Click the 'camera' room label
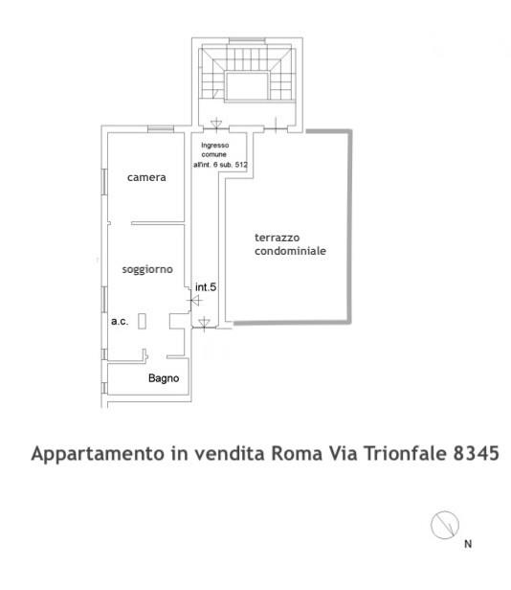click(146, 177)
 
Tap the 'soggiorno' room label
click(147, 269)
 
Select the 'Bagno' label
click(164, 378)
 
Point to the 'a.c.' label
click(120, 322)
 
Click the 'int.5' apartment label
click(206, 287)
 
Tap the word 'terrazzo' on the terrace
click(278, 238)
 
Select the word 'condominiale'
click(290, 251)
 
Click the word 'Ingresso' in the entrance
click(215, 146)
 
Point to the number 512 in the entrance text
click(241, 165)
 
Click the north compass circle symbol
click(445, 525)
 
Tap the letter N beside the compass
click(468, 544)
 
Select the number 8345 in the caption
click(476, 453)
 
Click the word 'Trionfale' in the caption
click(406, 453)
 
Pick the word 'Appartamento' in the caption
click(99, 454)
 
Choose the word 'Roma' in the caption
click(297, 453)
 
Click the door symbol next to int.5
click(195, 301)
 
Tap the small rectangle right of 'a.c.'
click(142, 322)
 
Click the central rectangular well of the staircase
click(247, 86)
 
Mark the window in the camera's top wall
click(161, 129)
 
